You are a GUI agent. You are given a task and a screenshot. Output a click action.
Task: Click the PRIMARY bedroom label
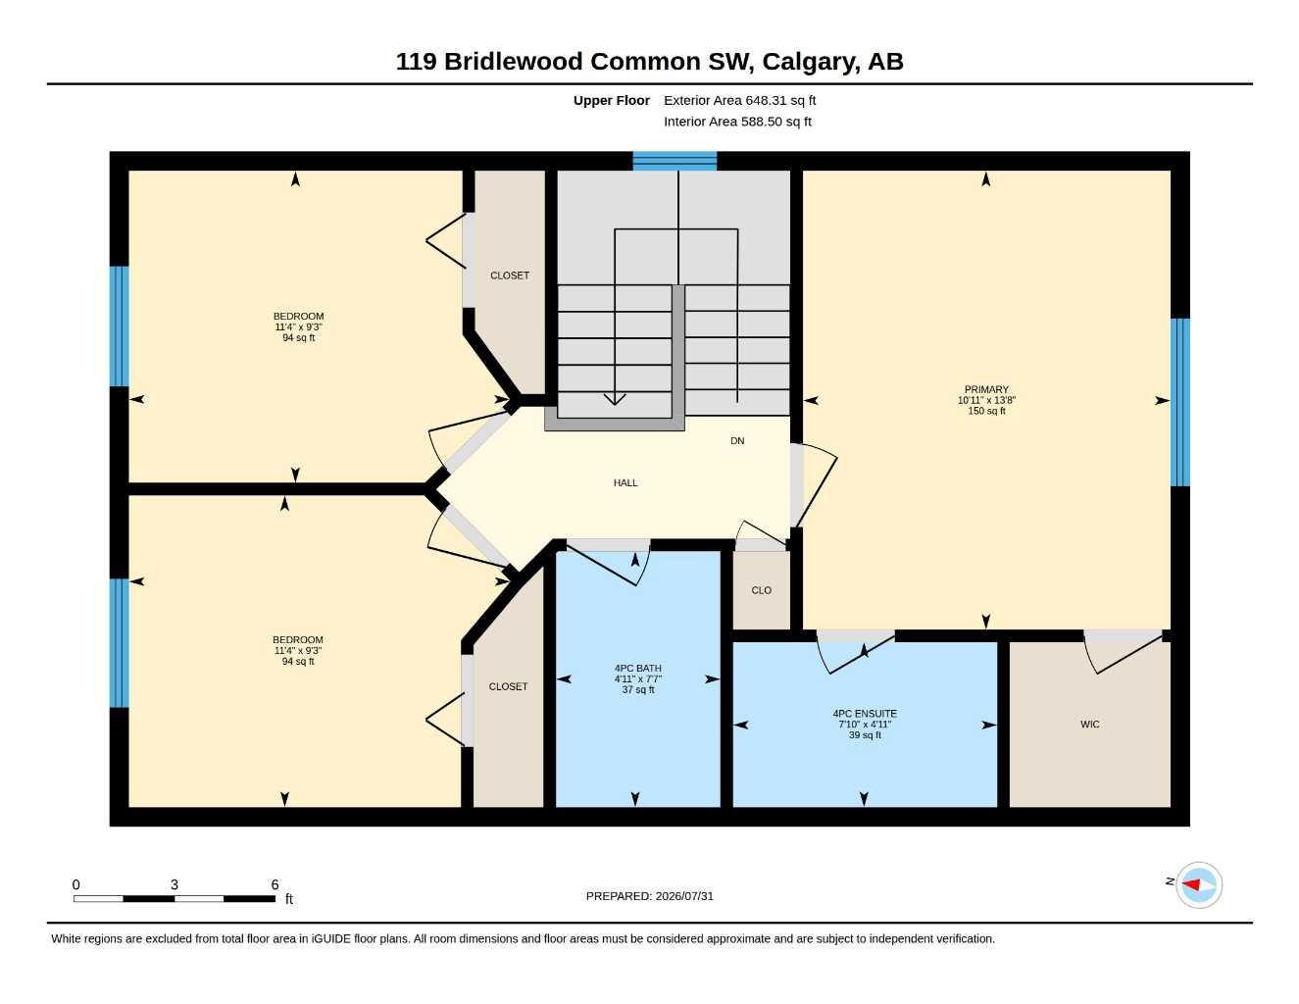pyautogui.click(x=986, y=389)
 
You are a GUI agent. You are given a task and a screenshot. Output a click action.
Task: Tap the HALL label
pyautogui.click(x=625, y=482)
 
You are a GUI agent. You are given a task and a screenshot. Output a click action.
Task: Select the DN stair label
pyautogui.click(x=737, y=441)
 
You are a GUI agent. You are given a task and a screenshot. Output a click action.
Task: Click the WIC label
pyautogui.click(x=1090, y=725)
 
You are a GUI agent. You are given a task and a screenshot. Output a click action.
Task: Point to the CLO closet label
pyautogui.click(x=761, y=590)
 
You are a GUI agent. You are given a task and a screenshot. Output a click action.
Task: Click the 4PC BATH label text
pyautogui.click(x=638, y=668)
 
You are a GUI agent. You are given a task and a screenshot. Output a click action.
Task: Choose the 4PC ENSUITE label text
pyautogui.click(x=865, y=714)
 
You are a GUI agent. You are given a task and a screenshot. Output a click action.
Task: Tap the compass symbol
pyautogui.click(x=1198, y=885)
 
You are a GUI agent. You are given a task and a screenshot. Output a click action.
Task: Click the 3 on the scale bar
pyautogui.click(x=174, y=884)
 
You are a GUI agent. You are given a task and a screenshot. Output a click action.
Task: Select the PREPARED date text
pyautogui.click(x=650, y=896)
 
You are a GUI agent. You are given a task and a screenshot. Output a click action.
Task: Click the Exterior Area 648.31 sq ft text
pyautogui.click(x=739, y=100)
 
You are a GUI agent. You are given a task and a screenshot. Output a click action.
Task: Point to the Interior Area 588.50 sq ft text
pyautogui.click(x=737, y=122)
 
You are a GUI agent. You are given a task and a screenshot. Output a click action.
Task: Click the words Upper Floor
pyautogui.click(x=611, y=100)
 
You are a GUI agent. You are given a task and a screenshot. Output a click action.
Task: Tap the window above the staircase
pyautogui.click(x=674, y=161)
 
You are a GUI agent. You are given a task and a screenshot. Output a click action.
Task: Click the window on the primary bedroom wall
pyautogui.click(x=1179, y=402)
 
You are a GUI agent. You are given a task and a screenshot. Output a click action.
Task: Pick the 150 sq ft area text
pyautogui.click(x=986, y=411)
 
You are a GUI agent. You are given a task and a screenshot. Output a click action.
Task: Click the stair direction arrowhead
pyautogui.click(x=615, y=399)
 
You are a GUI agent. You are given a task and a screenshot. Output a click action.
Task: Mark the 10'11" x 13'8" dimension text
pyautogui.click(x=986, y=400)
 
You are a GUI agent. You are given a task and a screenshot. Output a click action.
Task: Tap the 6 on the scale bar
pyautogui.click(x=275, y=884)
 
